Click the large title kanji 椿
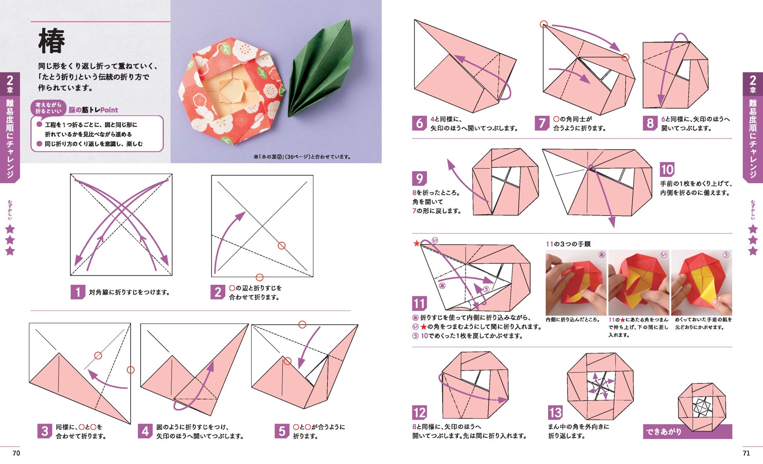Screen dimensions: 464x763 pyautogui.click(x=52, y=41)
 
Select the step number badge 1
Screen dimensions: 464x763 pyautogui.click(x=77, y=292)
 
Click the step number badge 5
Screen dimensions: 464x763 pyautogui.click(x=282, y=431)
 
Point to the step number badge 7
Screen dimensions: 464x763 pyautogui.click(x=542, y=123)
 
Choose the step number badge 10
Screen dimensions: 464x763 pyautogui.click(x=667, y=169)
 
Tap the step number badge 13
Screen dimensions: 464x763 pyautogui.click(x=555, y=412)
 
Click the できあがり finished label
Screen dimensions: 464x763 pyautogui.click(x=664, y=432)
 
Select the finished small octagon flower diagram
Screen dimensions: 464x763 pyautogui.click(x=702, y=406)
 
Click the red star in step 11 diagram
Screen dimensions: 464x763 pyautogui.click(x=417, y=243)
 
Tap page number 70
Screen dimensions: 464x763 pyautogui.click(x=16, y=453)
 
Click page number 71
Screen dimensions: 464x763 pyautogui.click(x=746, y=453)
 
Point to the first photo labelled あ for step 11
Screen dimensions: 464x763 pyautogui.click(x=576, y=282)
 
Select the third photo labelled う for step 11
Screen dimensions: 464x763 pyautogui.click(x=701, y=282)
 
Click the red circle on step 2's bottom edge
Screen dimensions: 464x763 pyautogui.click(x=259, y=277)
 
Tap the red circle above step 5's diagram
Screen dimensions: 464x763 pyautogui.click(x=302, y=324)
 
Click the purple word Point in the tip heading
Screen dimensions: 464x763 pyautogui.click(x=109, y=110)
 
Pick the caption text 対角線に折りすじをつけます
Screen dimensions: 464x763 pyautogui.click(x=129, y=292)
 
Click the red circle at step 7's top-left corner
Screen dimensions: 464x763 pyautogui.click(x=543, y=25)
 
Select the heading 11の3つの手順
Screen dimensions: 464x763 pyautogui.click(x=568, y=244)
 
